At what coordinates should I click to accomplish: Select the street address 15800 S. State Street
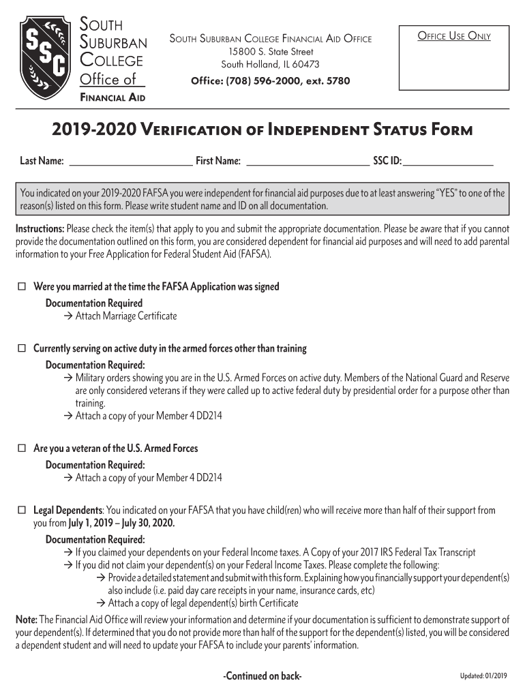click(x=271, y=52)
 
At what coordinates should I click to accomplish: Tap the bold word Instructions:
click(x=40, y=228)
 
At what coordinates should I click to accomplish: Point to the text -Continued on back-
click(x=262, y=676)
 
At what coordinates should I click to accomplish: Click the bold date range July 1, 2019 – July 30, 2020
click(x=121, y=523)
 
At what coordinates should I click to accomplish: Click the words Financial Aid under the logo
click(x=112, y=97)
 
